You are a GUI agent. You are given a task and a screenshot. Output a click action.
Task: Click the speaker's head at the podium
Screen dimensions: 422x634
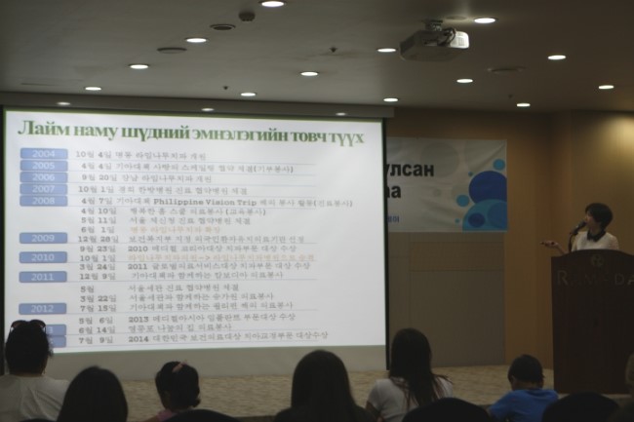click(x=597, y=216)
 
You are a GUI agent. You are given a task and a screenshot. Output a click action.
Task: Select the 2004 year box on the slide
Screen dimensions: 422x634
click(x=44, y=154)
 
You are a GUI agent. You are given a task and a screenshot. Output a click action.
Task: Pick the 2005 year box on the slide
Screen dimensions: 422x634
click(x=44, y=166)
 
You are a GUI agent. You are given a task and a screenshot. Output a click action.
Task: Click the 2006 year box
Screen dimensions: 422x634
click(x=44, y=177)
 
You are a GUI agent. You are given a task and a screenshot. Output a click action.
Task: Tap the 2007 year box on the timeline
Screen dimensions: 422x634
click(x=44, y=189)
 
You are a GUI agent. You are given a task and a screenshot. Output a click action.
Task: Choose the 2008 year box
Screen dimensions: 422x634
click(x=44, y=201)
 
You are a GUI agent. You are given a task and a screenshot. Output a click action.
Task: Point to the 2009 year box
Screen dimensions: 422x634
click(x=44, y=238)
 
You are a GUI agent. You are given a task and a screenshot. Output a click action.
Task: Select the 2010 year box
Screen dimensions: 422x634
click(x=44, y=257)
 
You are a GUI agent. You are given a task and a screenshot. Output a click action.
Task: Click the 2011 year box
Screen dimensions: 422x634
click(x=44, y=277)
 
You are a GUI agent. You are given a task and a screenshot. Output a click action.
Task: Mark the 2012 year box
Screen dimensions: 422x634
click(x=44, y=308)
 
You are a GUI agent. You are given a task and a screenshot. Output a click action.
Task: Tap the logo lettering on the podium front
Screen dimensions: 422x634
click(x=592, y=277)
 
